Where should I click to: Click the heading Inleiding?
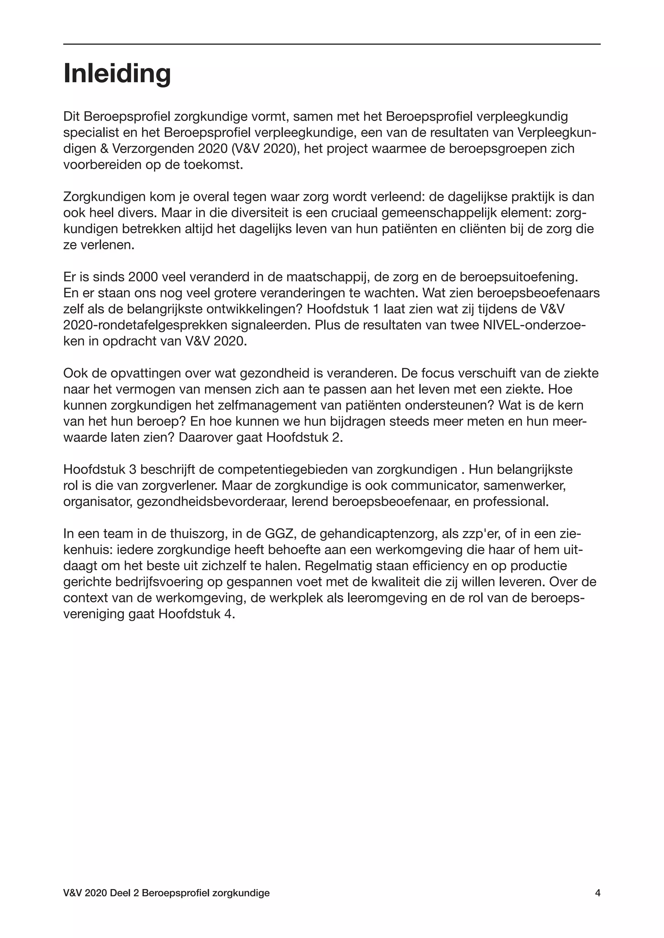117,73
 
